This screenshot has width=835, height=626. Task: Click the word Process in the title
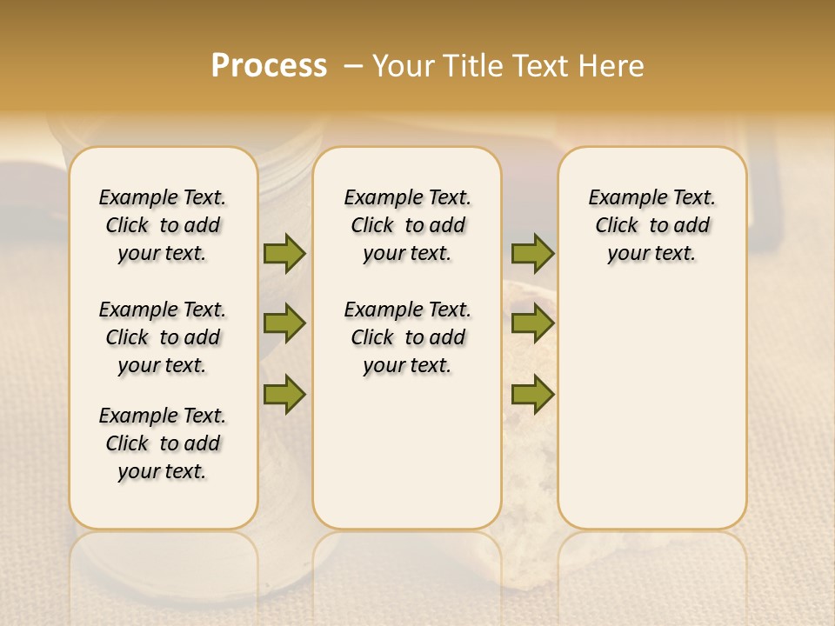pos(269,66)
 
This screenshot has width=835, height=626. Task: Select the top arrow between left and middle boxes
pos(284,253)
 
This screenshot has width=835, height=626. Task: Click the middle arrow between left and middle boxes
pos(284,323)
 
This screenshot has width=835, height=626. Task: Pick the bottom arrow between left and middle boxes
pos(284,394)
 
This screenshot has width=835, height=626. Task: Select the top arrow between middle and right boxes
pos(532,253)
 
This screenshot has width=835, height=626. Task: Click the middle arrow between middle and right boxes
pos(532,323)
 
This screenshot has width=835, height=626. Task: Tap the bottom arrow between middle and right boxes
pos(532,394)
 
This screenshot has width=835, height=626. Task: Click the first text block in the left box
pos(163,225)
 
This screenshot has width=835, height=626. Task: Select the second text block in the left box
pos(163,337)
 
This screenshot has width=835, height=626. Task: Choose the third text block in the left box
pos(163,443)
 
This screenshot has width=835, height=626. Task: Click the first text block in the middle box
pos(407,225)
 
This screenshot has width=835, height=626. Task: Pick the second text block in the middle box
pos(407,337)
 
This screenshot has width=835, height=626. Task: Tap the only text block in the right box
pos(651,225)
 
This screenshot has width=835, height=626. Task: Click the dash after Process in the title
pos(353,67)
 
